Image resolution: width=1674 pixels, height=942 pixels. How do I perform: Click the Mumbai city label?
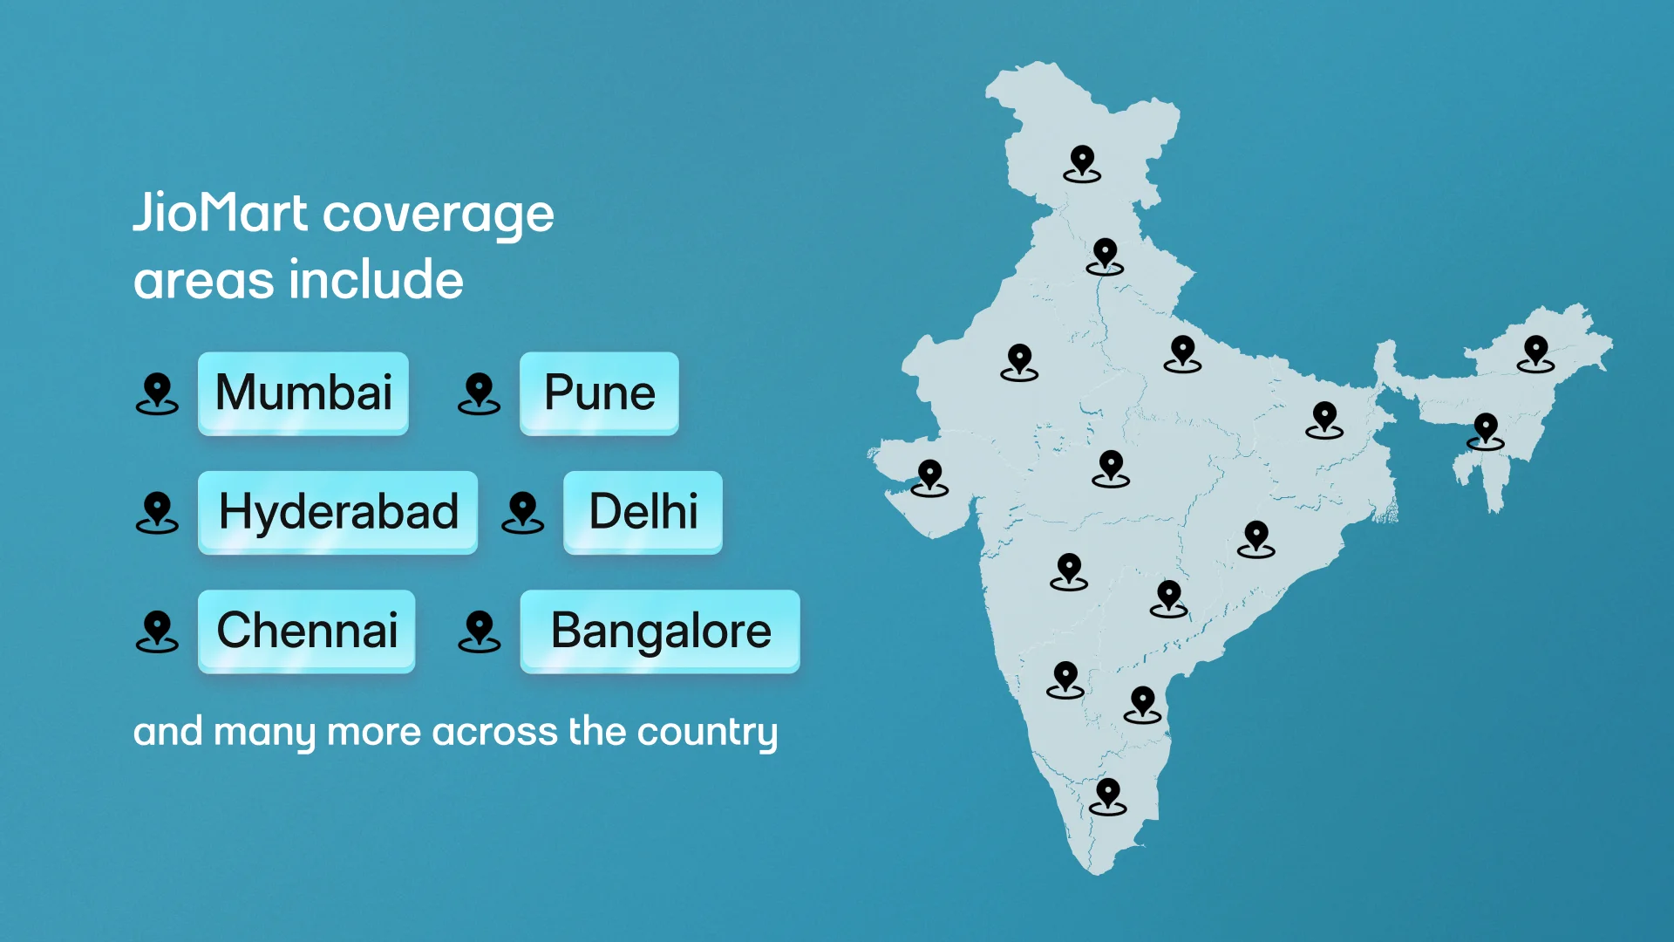(303, 392)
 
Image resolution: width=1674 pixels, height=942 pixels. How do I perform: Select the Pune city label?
(599, 392)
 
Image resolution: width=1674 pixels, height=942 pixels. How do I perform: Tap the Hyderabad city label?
(338, 512)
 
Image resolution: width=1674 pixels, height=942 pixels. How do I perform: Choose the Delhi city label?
(643, 512)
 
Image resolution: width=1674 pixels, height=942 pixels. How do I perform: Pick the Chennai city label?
(307, 631)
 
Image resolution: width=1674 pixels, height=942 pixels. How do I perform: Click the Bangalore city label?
(660, 631)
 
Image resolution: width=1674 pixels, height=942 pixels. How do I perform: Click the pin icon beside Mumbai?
(157, 393)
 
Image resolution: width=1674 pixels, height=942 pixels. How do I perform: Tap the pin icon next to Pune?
(479, 393)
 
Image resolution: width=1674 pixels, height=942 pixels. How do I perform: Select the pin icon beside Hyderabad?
(157, 512)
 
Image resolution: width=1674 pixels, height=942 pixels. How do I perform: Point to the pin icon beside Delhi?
(522, 512)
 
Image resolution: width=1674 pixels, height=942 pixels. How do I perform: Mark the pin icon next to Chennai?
(157, 631)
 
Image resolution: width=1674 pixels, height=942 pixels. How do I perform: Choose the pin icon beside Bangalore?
(479, 631)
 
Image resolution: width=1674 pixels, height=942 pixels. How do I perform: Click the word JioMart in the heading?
(221, 214)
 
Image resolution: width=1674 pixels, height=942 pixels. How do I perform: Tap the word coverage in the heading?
(439, 215)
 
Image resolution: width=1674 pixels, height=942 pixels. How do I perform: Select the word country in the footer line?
(707, 733)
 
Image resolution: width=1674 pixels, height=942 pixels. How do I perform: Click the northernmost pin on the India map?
(1082, 163)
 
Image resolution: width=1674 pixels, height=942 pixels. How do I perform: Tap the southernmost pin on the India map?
(1108, 796)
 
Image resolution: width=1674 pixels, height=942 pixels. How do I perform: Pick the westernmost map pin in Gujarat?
(930, 477)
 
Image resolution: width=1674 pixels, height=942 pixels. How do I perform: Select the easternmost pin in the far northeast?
(1535, 353)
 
